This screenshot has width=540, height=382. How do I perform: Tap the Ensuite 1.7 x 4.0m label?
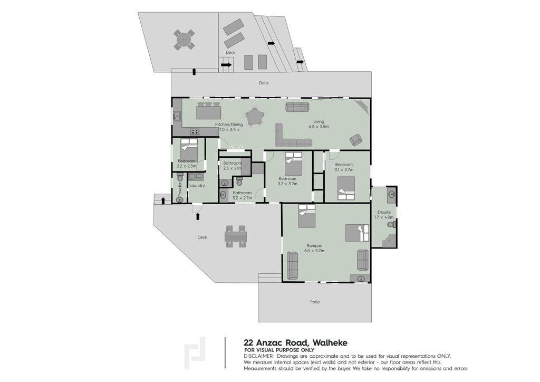[x=384, y=215]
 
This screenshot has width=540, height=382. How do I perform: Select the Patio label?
[x=315, y=302]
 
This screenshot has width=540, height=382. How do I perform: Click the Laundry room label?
[x=197, y=186]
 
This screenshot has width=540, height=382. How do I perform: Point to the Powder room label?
[x=179, y=189]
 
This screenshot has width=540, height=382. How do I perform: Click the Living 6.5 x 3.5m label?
[x=319, y=124]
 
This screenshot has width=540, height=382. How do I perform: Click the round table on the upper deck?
[x=184, y=40]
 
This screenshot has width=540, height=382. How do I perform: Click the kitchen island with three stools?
[x=209, y=111]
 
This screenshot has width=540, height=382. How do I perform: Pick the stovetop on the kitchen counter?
[x=195, y=131]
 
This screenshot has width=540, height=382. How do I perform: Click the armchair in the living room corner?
[x=356, y=139]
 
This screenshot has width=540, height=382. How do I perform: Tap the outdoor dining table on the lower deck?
[x=236, y=236]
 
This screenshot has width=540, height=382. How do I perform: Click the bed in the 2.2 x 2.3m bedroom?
[x=189, y=150]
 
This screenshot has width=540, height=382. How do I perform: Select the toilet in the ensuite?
[x=392, y=225]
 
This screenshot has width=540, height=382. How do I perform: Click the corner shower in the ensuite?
[x=389, y=241]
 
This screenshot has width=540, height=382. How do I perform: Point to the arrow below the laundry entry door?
[x=198, y=216]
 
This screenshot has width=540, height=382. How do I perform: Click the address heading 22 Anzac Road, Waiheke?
[x=295, y=343]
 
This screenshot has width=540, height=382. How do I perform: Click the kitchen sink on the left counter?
[x=177, y=117]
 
